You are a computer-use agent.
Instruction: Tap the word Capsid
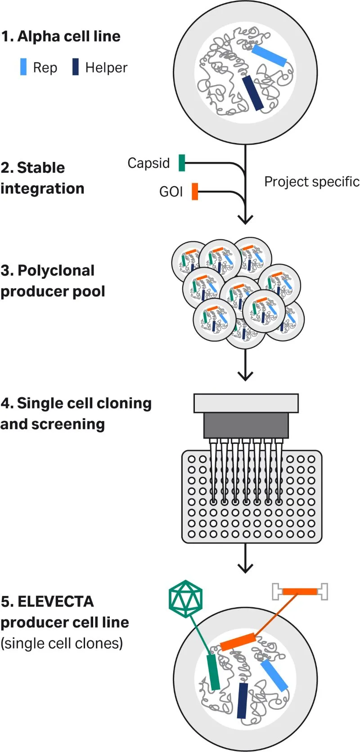point(148,163)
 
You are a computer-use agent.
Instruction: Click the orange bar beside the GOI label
point(195,191)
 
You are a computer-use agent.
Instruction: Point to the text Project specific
point(311,182)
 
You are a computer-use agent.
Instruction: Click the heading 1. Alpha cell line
point(61,36)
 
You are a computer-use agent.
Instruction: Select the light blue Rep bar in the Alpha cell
point(269,55)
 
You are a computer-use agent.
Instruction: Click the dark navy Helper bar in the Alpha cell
point(252,93)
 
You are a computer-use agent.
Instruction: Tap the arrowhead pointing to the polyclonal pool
point(245,219)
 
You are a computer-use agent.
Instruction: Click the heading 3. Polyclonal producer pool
point(53,281)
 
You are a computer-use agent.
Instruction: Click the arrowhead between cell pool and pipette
point(245,376)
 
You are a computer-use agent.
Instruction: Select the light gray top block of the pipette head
point(246,403)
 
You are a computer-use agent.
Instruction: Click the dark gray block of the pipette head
point(246,425)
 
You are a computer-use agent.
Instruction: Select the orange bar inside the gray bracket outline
point(300,591)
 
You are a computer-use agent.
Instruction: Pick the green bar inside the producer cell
point(213,672)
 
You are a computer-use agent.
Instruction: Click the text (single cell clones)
point(62,643)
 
